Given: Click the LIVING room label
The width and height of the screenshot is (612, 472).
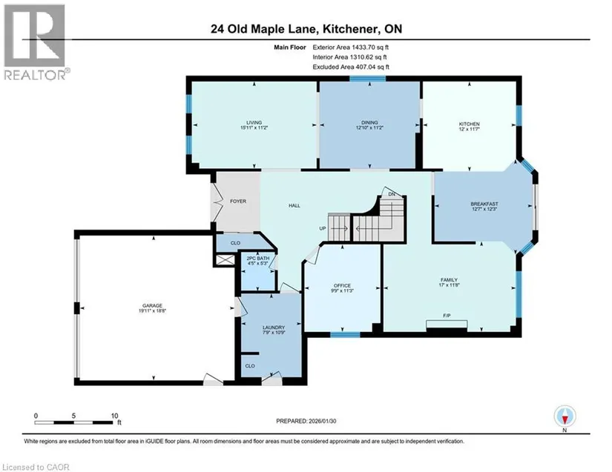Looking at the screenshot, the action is point(254,122).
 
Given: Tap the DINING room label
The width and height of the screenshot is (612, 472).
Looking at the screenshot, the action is point(369,122).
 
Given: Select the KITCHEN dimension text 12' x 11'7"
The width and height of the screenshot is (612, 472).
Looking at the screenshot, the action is point(469,129).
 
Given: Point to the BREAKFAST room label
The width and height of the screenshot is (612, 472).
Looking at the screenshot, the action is point(484,204).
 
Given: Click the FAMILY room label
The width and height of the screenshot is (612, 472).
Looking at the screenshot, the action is point(449,280).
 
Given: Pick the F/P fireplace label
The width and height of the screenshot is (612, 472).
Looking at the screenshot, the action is point(447,316).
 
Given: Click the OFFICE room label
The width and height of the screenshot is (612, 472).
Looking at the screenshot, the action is point(342,286).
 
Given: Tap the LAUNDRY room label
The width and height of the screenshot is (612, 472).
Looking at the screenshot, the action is point(273,328).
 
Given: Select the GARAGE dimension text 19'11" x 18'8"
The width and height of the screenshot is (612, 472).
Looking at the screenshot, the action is point(152,311).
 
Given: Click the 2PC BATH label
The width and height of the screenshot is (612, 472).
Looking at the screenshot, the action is point(258,259).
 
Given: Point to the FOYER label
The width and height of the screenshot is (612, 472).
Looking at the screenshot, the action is point(238,201).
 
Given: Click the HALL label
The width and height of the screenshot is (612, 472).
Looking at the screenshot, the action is point(295,205).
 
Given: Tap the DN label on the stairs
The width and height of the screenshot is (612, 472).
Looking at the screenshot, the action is point(392,194).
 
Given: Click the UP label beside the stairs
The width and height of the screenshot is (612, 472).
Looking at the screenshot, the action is point(323,228).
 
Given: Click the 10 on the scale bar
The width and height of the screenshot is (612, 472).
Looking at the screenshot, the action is point(114,416).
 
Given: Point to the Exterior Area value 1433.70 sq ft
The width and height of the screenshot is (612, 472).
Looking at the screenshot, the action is point(370,47).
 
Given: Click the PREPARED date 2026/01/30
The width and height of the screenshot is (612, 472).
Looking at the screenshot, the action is point(322,421).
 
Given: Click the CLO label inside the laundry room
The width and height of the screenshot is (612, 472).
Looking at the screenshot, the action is point(250,366).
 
